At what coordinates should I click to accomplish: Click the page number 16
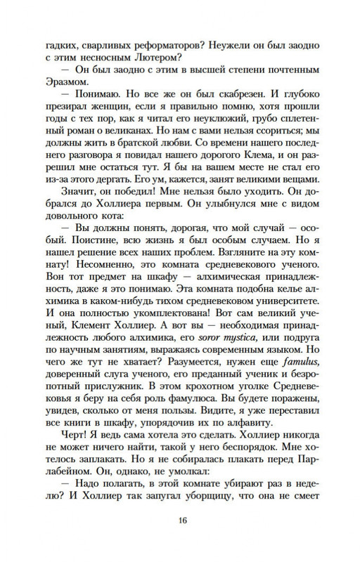click(x=180, y=521)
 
